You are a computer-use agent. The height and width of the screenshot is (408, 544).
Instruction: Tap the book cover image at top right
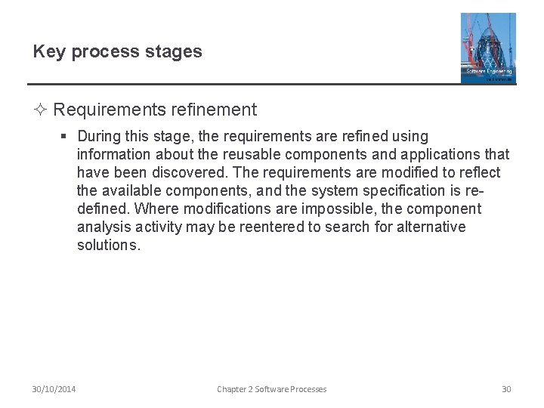[x=488, y=48]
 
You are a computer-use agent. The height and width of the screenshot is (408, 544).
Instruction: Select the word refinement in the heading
[x=212, y=110]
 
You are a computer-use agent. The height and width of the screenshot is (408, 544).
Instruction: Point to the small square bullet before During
[x=65, y=137]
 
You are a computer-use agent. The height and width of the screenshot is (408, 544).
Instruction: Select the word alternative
[x=430, y=227]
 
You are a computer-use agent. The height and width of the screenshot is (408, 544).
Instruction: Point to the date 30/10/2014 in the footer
[x=54, y=389]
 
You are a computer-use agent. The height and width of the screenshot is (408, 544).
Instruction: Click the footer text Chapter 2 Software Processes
[x=272, y=389]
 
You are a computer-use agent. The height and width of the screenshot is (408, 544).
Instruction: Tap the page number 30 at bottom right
[x=506, y=389]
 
